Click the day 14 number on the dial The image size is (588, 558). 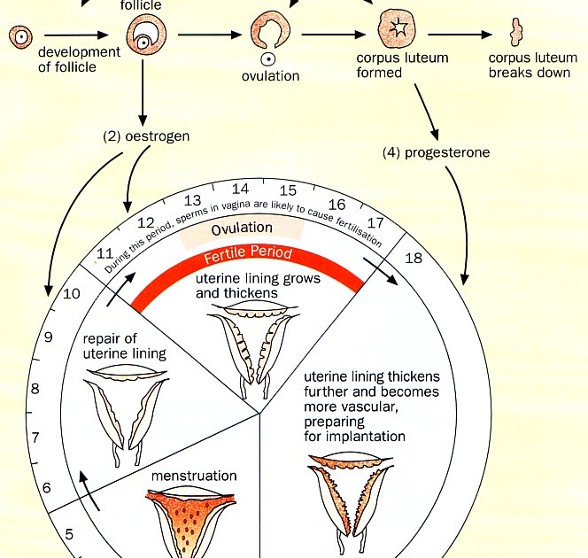(241, 189)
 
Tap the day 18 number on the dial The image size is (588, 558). (414, 259)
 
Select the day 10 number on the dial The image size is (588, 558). (73, 294)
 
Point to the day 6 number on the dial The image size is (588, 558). (48, 486)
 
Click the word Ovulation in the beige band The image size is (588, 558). (242, 229)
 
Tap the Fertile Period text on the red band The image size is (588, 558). (248, 259)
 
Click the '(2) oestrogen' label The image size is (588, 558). (147, 137)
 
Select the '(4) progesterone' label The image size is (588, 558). (436, 152)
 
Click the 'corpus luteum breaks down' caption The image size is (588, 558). (530, 66)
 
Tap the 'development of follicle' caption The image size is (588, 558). (79, 59)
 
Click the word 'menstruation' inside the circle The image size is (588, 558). (194, 476)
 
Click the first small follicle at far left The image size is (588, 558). (19, 37)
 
